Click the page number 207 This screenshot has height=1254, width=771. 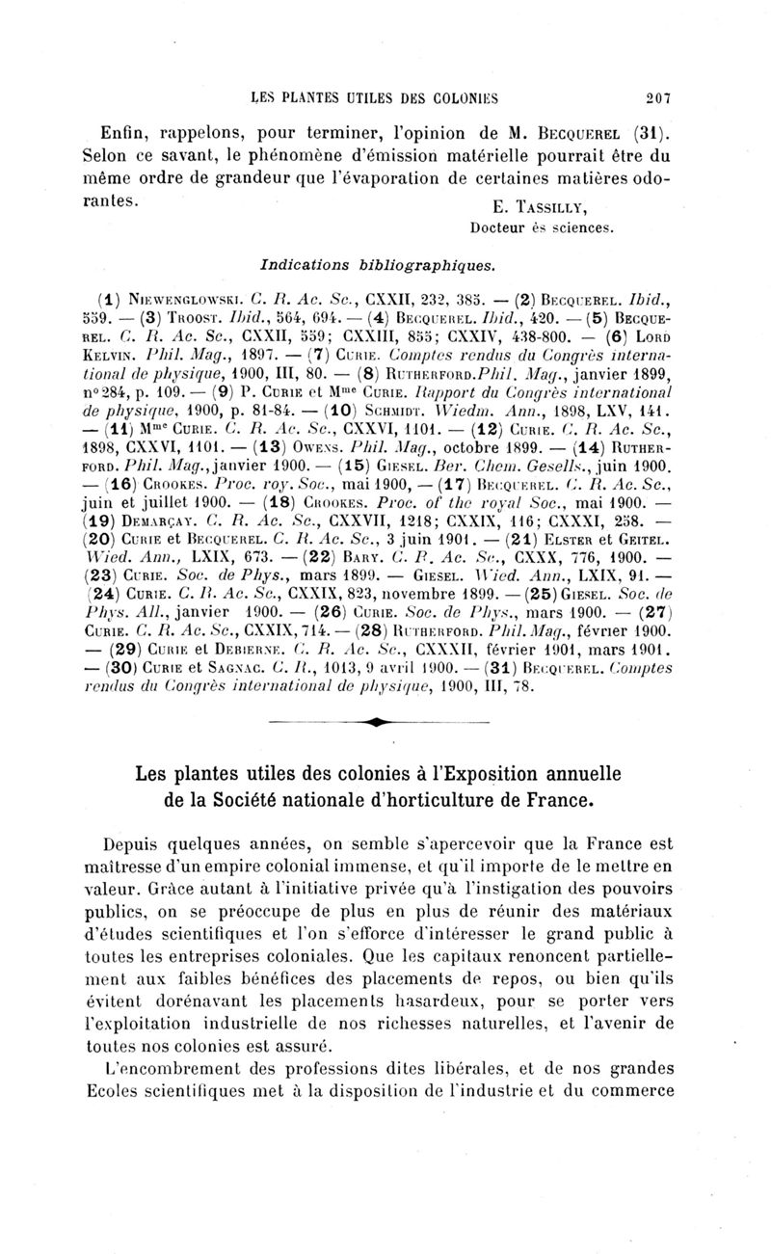click(x=659, y=95)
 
